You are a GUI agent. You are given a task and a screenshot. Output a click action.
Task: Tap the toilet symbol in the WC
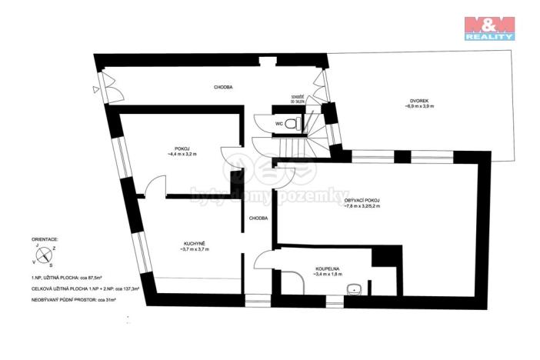click(x=291, y=123)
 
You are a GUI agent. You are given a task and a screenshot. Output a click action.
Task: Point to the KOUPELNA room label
click(x=328, y=268)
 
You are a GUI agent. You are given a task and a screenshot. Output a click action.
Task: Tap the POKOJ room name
click(x=182, y=148)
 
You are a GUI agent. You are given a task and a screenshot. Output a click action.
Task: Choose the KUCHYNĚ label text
click(x=192, y=243)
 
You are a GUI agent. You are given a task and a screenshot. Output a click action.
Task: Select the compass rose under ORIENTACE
click(x=43, y=255)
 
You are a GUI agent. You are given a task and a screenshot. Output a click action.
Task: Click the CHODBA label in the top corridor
click(x=223, y=87)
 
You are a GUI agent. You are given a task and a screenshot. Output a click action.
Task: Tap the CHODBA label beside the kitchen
click(x=258, y=218)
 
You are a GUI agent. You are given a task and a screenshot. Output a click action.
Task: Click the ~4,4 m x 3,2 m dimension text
click(x=182, y=155)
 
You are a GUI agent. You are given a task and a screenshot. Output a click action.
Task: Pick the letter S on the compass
click(x=51, y=264)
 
